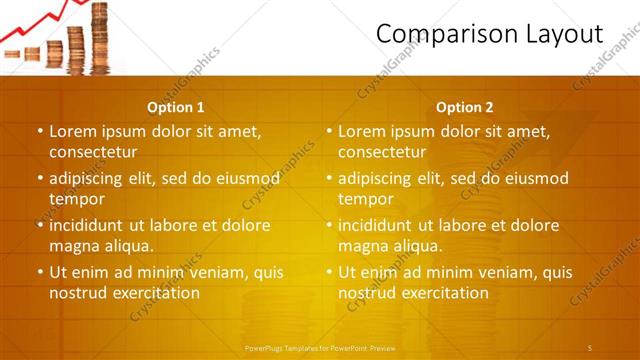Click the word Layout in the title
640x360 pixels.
click(564, 34)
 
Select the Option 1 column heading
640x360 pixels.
click(176, 107)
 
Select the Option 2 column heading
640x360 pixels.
click(465, 107)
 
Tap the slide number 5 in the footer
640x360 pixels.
click(590, 347)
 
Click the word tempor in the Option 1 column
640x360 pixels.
click(74, 199)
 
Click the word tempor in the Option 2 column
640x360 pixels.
click(364, 199)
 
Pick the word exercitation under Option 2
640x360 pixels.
click(445, 293)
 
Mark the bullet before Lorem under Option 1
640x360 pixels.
click(40, 131)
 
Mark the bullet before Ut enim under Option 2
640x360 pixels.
click(329, 272)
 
